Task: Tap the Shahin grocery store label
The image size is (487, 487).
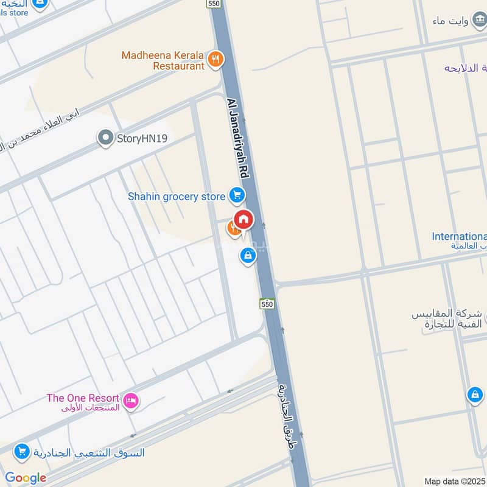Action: [176, 197]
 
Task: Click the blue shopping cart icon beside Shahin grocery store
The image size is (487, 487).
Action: [237, 196]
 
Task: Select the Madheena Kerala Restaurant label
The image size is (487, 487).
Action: [163, 60]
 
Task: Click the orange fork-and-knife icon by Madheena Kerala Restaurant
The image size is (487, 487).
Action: [215, 60]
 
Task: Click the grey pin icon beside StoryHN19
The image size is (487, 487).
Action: [106, 138]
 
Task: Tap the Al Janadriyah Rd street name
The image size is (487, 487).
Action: [239, 139]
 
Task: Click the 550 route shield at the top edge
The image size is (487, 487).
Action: [214, 4]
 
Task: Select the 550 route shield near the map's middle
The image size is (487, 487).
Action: [267, 303]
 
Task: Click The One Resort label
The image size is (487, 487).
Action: [83, 399]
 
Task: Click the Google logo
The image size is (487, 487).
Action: [26, 478]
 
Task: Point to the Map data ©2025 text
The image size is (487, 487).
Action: [455, 481]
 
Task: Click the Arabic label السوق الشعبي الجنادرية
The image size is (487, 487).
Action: [89, 452]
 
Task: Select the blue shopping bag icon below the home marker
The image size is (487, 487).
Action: [247, 256]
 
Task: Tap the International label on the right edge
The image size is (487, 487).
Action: [459, 236]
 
